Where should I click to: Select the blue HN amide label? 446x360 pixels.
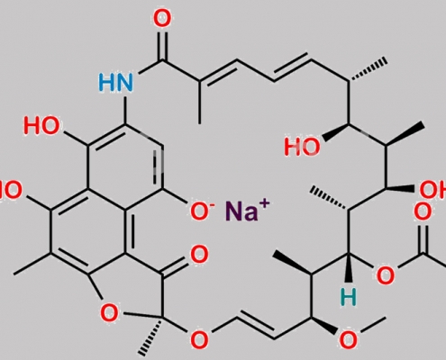tap(115, 83)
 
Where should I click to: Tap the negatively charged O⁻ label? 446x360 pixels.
tap(202, 211)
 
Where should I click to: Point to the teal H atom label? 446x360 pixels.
tap(349, 298)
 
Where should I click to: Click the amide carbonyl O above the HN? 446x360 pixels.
tap(162, 19)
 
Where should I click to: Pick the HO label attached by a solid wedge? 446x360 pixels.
tap(302, 147)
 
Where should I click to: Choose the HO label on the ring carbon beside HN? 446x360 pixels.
tap(41, 125)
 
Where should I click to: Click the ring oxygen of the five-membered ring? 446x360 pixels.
tap(109, 312)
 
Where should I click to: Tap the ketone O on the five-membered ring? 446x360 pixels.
tap(199, 255)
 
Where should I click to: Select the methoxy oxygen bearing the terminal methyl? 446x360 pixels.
tap(348, 339)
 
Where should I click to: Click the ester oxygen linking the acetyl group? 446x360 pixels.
tap(386, 275)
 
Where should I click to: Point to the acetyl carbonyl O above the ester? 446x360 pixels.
tap(423, 211)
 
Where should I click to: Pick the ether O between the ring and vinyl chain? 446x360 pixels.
tap(199, 339)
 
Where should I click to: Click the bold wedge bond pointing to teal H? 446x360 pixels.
tap(349, 268)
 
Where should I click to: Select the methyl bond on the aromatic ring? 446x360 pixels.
tap(32, 264)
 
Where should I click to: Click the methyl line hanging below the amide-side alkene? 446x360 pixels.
tap(199, 102)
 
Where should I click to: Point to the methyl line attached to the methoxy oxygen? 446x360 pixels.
tap(374, 324)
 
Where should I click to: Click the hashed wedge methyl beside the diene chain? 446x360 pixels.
tap(368, 71)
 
